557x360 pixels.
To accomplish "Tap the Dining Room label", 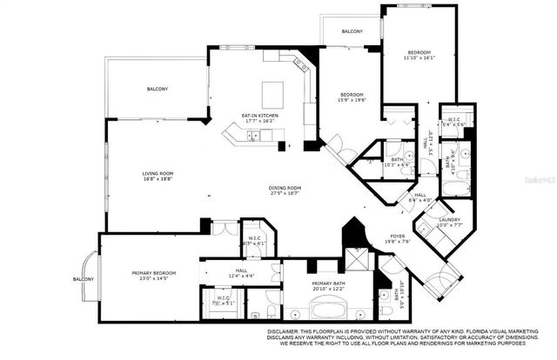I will [285, 187].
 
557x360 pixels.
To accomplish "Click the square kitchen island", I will [273, 92].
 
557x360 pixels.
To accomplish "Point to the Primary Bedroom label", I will [153, 273].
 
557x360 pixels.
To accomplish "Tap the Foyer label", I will [398, 235].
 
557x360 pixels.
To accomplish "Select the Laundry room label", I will [450, 219].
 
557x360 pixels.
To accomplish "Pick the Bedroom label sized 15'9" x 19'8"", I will [351, 94].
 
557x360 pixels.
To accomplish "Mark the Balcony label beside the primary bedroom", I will [83, 279].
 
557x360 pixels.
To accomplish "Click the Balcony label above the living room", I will [157, 89].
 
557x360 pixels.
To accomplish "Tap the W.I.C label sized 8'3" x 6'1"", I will [255, 237].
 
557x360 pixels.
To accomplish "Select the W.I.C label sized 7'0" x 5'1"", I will [223, 298].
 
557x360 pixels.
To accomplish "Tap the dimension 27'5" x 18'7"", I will [285, 193].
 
